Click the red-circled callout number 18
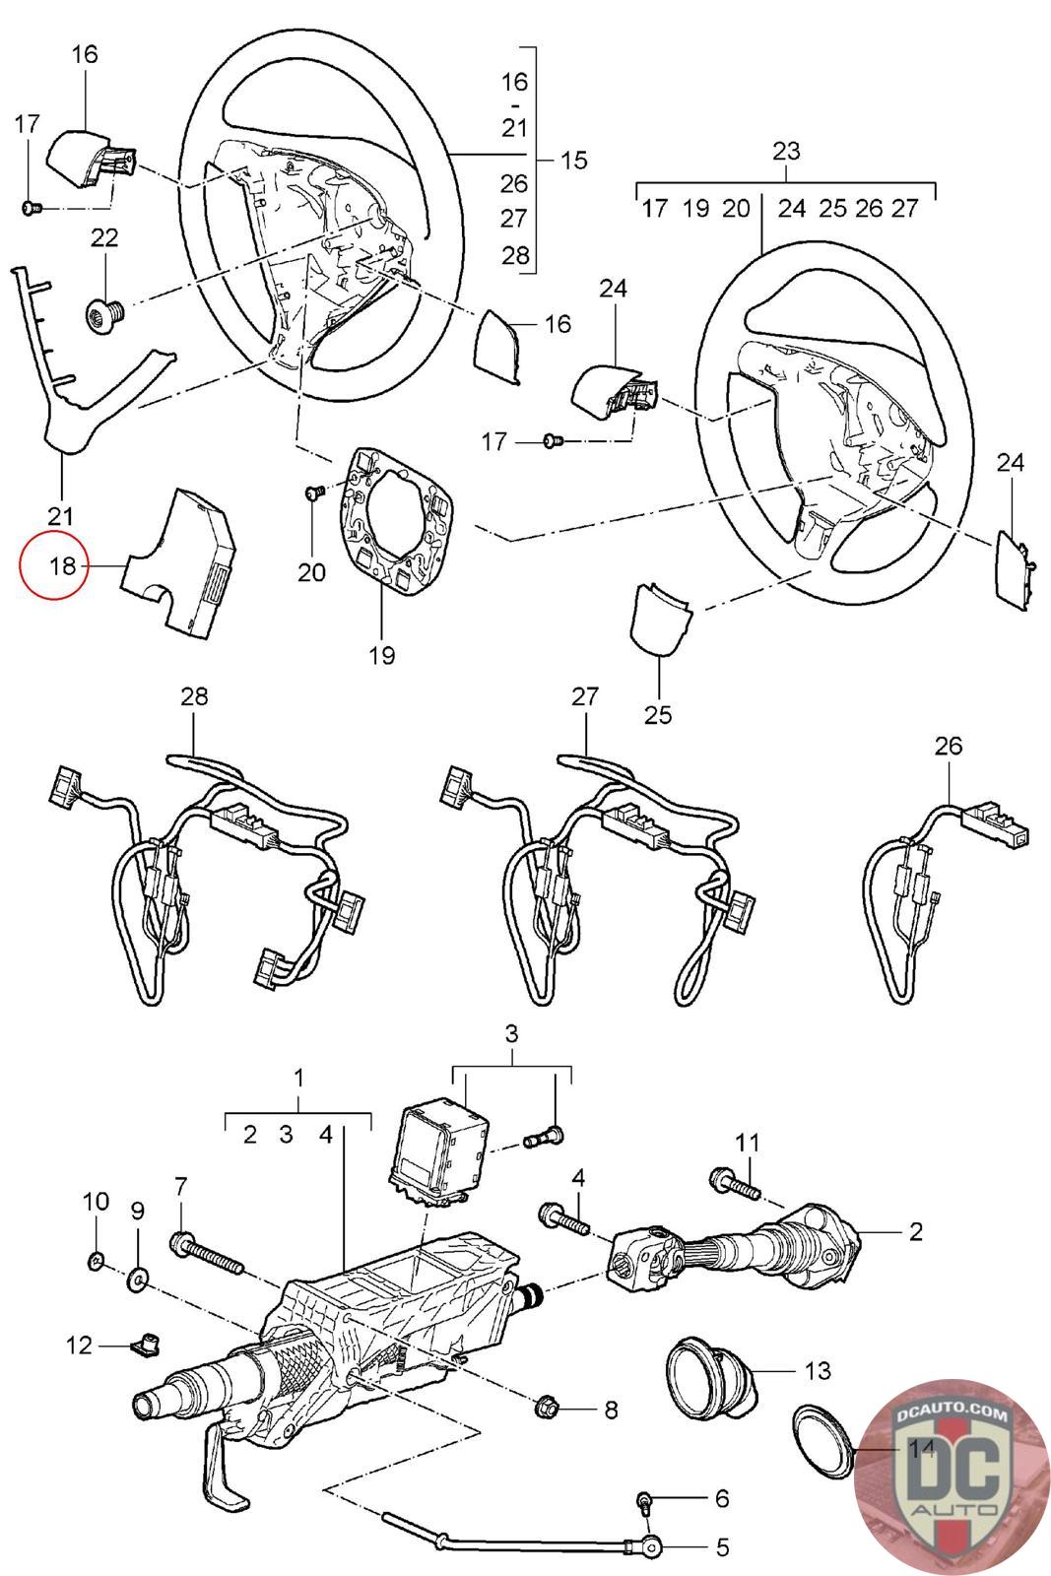62,566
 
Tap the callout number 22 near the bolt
104,237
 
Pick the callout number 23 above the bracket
786,151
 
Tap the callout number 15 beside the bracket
573,160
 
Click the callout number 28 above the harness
195,696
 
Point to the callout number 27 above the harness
585,696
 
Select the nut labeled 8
548,1409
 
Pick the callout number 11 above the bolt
749,1143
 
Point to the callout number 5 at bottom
722,1548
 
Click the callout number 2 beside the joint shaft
916,1231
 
